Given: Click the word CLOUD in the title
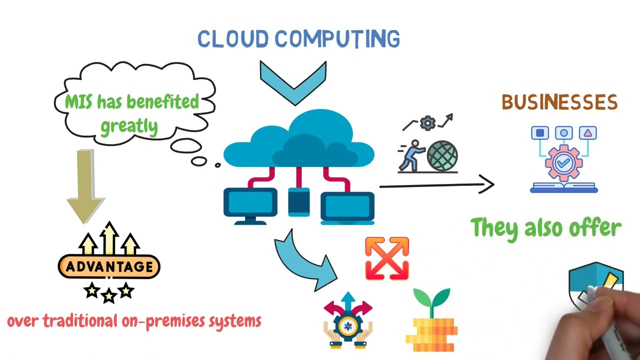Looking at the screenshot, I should [x=233, y=39].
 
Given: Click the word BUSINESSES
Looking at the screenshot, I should [x=559, y=102].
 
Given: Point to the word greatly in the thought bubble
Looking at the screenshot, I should [x=129, y=125].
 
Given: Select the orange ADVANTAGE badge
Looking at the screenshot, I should [x=109, y=266].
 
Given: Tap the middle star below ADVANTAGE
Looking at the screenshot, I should [x=108, y=296].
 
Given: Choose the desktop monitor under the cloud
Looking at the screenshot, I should [x=250, y=205].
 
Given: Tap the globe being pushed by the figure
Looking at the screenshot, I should [x=442, y=155].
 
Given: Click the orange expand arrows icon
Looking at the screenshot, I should [x=387, y=258].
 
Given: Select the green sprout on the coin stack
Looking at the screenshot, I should [x=432, y=299].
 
